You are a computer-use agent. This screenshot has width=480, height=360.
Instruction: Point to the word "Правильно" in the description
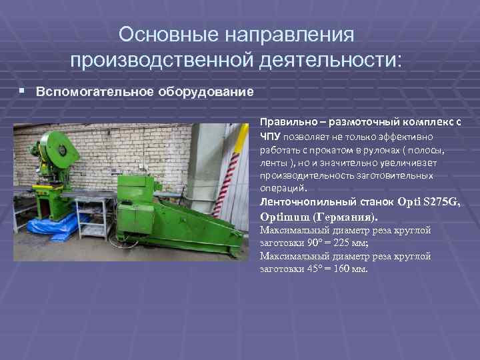click(285, 123)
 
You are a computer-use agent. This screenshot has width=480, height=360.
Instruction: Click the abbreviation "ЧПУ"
click(271, 137)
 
